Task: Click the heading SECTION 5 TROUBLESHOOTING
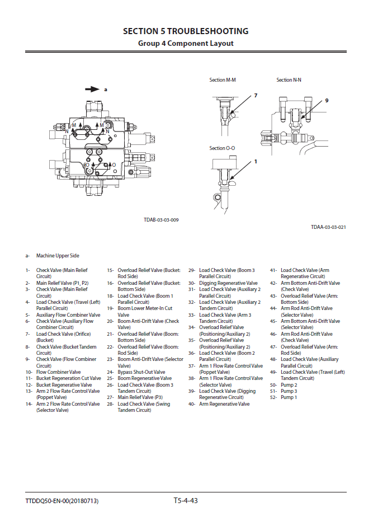tap(186, 31)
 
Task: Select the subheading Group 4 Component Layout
tap(186, 44)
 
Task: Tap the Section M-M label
tap(223, 80)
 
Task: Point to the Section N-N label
tap(289, 80)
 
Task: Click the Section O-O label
tap(223, 148)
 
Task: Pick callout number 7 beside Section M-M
tap(256, 96)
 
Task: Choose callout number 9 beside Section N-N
tap(327, 101)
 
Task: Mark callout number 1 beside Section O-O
tap(256, 162)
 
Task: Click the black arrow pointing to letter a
tap(92, 89)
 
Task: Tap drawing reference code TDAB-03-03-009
tap(161, 220)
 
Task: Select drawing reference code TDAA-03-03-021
tap(328, 227)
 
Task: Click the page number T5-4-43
tap(186, 500)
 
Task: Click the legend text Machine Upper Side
tap(58, 256)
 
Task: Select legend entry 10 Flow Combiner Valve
tap(58, 372)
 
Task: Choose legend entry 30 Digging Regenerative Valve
tap(228, 283)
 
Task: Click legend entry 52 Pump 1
tap(289, 397)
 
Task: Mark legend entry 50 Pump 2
tap(289, 385)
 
